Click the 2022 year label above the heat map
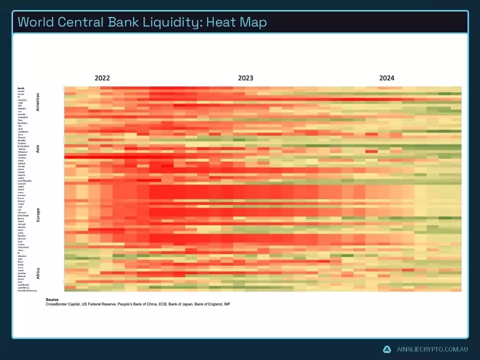[102, 78]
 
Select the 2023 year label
[245, 78]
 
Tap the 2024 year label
[386, 78]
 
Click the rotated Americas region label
[38, 102]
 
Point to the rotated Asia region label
[38, 148]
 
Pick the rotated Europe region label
[38, 214]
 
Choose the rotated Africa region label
[38, 273]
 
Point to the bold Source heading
[52, 299]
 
